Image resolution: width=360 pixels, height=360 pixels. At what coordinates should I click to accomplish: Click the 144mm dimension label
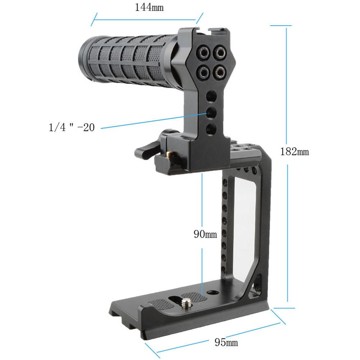point(149,8)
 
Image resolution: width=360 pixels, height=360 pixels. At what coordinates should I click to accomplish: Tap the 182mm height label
point(294,152)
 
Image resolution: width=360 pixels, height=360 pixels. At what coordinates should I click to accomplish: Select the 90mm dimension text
point(205,234)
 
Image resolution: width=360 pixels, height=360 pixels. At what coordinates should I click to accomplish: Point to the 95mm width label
point(226,342)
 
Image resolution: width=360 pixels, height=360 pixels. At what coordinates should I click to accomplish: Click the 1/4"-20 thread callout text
point(72,127)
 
